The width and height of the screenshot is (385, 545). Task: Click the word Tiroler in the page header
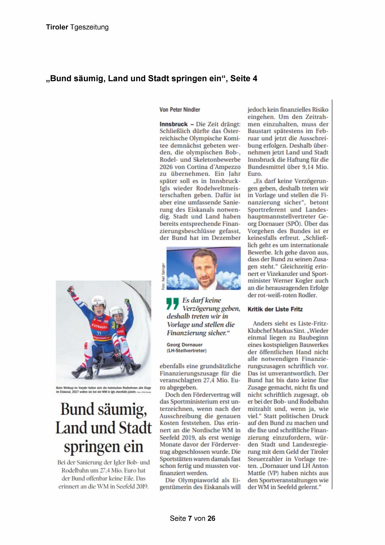[x=57, y=27]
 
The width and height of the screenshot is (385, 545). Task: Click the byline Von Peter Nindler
[x=180, y=110]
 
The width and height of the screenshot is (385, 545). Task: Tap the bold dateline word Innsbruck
[x=173, y=124]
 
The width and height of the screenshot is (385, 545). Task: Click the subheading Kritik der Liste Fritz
[x=275, y=309]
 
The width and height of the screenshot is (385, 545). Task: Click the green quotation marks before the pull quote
[x=172, y=304]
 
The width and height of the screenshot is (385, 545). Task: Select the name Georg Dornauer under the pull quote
[x=184, y=345]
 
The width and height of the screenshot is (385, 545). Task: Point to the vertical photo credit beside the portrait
[x=163, y=277]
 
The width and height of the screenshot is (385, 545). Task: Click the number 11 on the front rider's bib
[x=99, y=333]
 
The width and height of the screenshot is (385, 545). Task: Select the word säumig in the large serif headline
[x=122, y=409]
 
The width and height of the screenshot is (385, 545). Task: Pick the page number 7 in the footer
[x=190, y=518]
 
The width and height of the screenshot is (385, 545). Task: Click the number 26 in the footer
[x=211, y=518]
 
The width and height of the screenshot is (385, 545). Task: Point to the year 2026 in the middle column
[x=166, y=167]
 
